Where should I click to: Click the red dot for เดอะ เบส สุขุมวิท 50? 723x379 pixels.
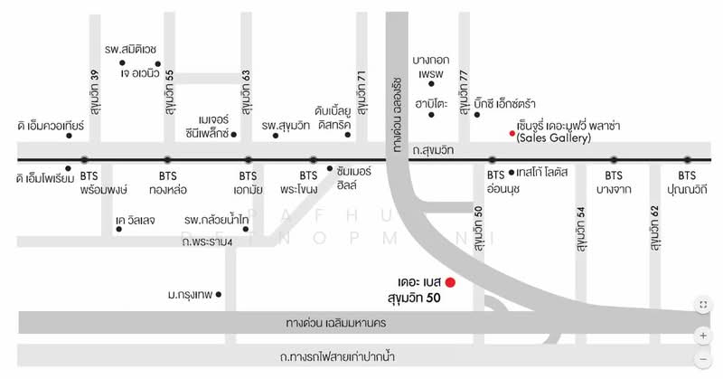point(450,283)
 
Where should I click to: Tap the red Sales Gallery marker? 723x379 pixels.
point(512,132)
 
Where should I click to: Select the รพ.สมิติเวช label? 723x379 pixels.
point(132,48)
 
